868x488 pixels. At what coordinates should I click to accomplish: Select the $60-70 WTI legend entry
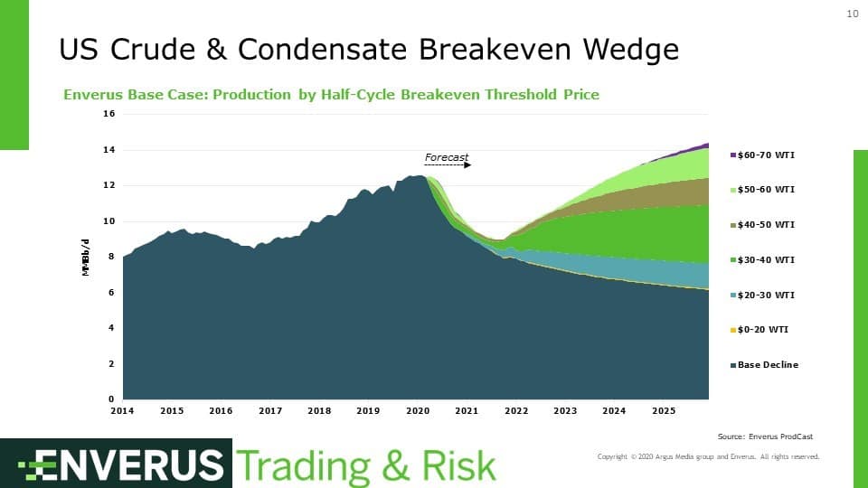tap(765, 155)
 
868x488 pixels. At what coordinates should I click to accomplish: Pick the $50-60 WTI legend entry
tap(765, 190)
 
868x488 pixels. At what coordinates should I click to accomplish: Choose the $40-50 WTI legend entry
tap(765, 224)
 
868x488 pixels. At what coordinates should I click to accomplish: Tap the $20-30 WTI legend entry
tap(765, 295)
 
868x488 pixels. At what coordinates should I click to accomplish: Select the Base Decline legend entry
tap(767, 365)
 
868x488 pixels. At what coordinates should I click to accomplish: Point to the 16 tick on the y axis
tap(109, 114)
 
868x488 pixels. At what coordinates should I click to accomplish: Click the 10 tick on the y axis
tap(109, 221)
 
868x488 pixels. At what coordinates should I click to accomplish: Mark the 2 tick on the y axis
tap(112, 364)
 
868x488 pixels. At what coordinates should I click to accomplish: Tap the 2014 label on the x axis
tap(123, 411)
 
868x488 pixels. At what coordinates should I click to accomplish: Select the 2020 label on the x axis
tap(418, 411)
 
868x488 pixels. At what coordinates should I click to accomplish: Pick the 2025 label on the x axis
tap(664, 411)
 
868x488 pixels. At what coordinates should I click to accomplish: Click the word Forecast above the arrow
tap(447, 158)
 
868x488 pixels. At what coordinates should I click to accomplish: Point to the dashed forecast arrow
tap(448, 165)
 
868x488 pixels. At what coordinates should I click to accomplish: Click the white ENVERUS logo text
tap(121, 465)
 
